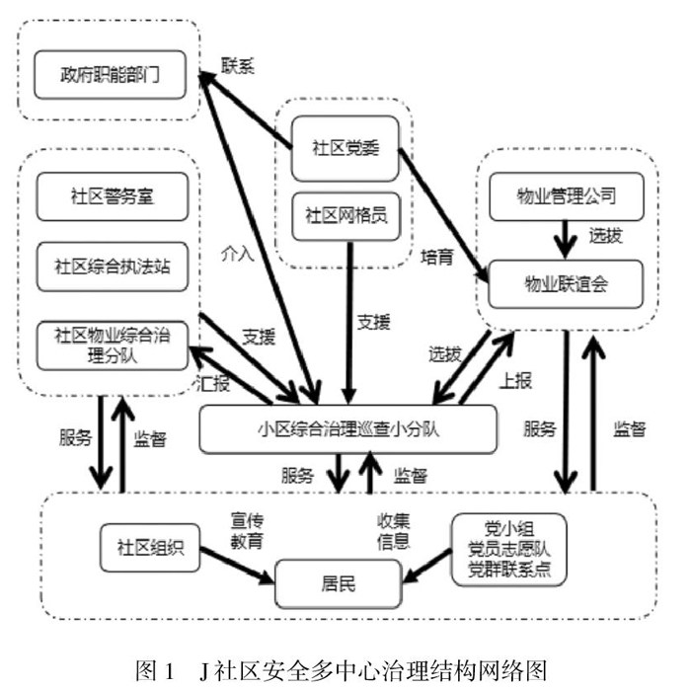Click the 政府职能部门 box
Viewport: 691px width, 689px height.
point(108,76)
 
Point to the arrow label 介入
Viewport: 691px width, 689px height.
point(238,251)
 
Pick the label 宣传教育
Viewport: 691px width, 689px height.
point(247,530)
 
